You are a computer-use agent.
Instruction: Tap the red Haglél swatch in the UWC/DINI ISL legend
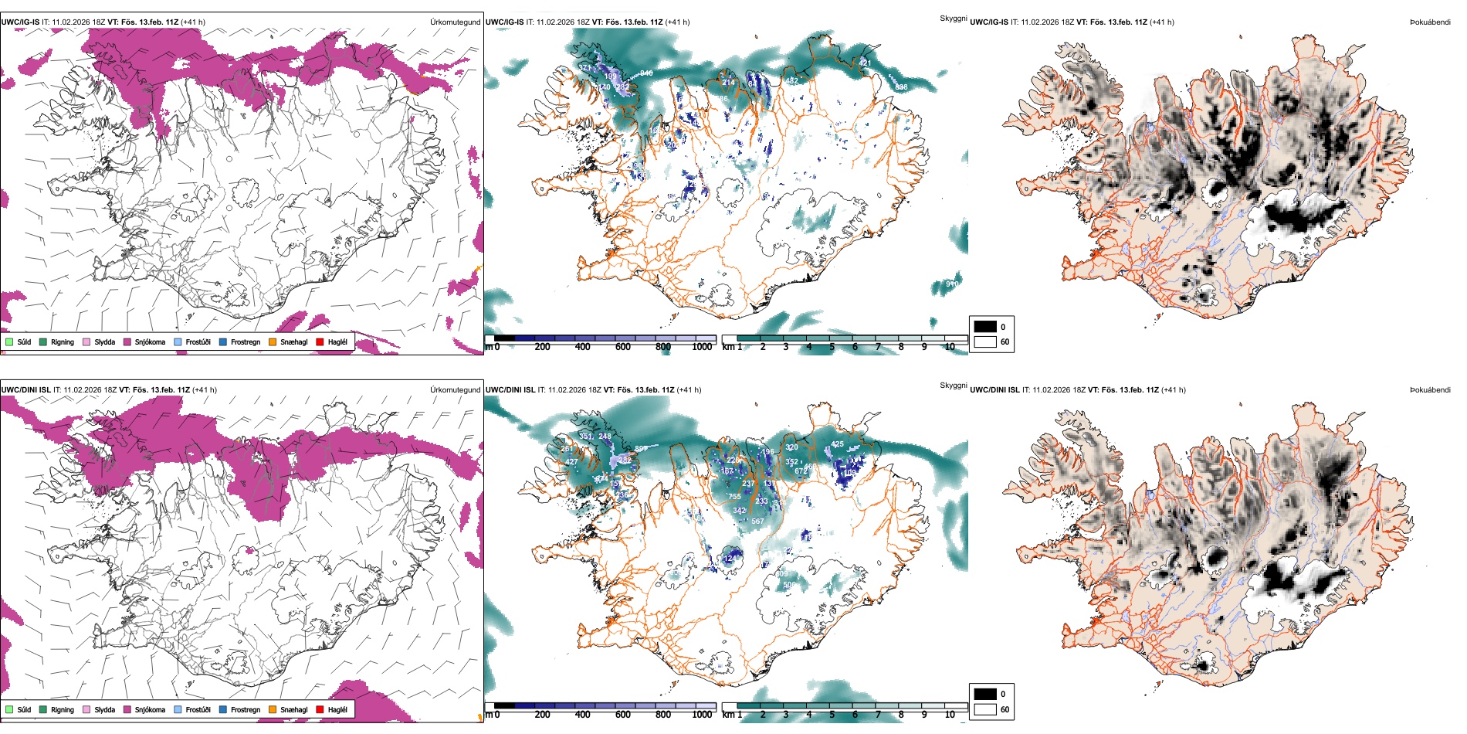tap(320, 709)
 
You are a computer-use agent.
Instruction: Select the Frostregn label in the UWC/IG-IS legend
tap(245, 342)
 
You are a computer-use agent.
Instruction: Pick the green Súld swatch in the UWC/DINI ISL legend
tap(9, 709)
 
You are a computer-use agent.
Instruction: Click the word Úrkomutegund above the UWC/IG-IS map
tap(455, 22)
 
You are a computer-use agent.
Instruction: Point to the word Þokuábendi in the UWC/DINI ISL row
tap(1430, 390)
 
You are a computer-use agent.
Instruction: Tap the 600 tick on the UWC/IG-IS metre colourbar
tap(622, 347)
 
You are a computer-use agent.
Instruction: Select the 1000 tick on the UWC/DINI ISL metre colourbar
tap(702, 715)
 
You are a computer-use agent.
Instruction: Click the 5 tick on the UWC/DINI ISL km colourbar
tap(832, 715)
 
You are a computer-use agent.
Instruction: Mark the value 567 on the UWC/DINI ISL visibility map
tap(757, 522)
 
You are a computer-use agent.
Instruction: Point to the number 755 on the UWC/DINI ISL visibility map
tap(734, 497)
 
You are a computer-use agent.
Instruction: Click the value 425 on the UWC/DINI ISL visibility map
tap(838, 444)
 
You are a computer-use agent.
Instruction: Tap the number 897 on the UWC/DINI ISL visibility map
tap(641, 449)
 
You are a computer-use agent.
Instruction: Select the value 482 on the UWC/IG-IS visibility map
tap(791, 81)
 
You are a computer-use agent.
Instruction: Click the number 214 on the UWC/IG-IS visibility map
tap(728, 83)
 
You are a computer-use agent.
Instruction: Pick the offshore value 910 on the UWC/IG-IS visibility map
tap(952, 284)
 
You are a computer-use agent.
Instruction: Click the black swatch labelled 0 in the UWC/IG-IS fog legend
tap(985, 327)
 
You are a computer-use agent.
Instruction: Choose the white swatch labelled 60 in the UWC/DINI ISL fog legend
tap(985, 709)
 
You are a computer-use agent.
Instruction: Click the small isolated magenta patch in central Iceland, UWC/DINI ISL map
tap(249, 551)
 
